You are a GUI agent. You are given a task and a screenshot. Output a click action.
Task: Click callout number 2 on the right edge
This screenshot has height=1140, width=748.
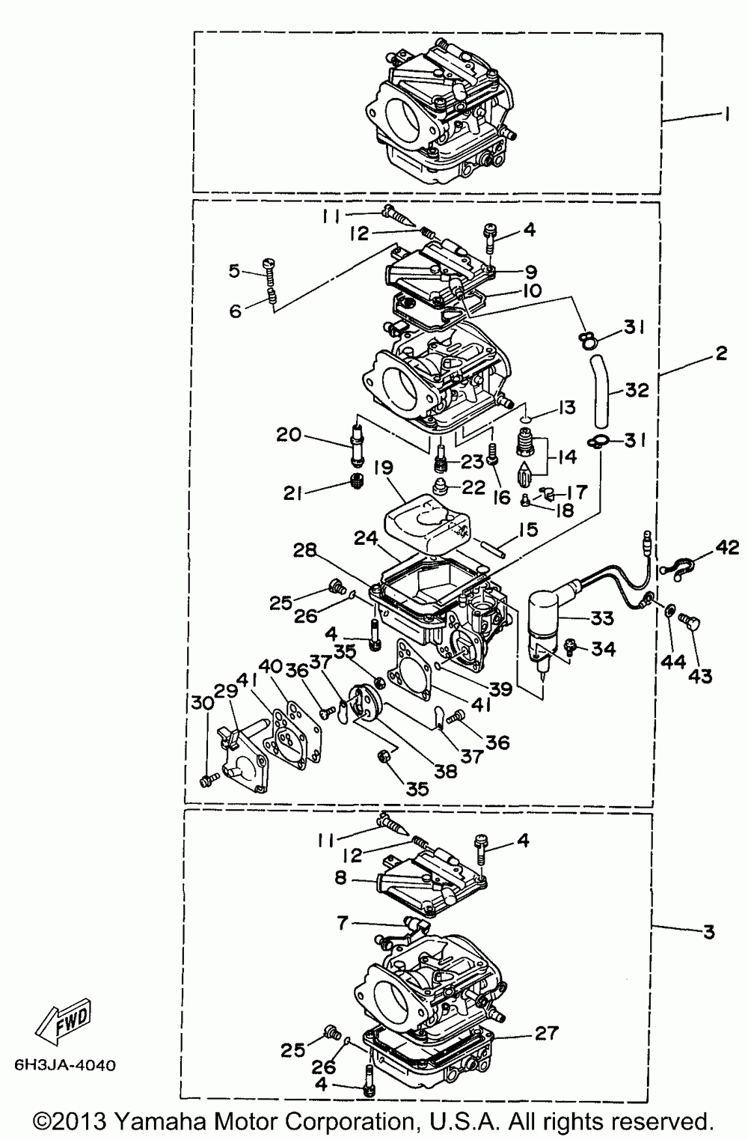[x=720, y=353]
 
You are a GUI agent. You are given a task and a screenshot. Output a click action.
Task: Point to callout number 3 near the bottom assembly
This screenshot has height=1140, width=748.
[x=708, y=932]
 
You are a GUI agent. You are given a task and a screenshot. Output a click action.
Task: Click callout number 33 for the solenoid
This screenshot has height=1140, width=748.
[x=602, y=618]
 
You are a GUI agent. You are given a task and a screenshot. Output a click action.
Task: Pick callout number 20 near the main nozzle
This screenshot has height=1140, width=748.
[x=291, y=434]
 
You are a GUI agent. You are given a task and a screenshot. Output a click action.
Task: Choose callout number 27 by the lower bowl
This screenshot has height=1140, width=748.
[x=547, y=1033]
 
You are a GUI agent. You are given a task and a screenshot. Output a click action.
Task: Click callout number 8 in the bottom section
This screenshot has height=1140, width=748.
[x=341, y=878]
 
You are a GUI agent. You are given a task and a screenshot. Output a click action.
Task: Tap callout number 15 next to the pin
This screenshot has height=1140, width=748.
[x=528, y=531]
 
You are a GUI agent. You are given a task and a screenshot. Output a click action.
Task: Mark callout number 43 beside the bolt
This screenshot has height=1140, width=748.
[x=701, y=676]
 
